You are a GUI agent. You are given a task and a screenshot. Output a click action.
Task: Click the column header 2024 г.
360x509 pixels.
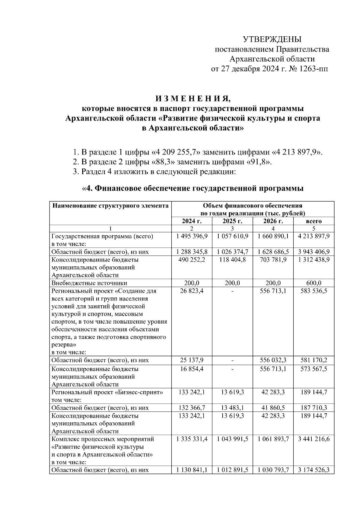point(192,221)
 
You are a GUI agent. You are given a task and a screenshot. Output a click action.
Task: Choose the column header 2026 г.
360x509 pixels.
point(273,221)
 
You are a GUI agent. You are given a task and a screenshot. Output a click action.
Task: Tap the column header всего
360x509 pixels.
point(313,221)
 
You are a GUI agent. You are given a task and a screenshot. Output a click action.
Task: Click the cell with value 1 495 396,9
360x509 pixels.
point(192,236)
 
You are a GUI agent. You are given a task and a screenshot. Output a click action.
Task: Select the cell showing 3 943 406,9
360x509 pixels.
point(313,252)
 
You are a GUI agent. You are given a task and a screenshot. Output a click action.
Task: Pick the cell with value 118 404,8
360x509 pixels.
point(232,260)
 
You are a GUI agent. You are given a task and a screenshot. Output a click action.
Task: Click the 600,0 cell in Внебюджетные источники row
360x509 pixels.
point(313,283)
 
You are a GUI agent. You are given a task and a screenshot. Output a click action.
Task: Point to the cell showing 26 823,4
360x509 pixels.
point(192,291)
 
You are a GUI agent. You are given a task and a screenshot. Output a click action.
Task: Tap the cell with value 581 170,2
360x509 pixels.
point(313,360)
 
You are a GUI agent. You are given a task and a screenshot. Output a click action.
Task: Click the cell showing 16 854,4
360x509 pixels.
point(192,369)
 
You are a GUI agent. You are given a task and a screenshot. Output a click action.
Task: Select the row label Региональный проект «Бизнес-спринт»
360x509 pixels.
point(107,392)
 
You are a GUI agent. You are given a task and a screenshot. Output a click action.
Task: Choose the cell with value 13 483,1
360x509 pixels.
point(232,408)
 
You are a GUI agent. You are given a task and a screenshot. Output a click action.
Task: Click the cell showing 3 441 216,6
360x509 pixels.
point(313,439)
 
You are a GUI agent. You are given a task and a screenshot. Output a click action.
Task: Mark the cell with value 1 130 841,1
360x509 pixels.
point(192,470)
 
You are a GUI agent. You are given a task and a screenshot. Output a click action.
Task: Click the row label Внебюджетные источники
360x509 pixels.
point(89,283)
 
